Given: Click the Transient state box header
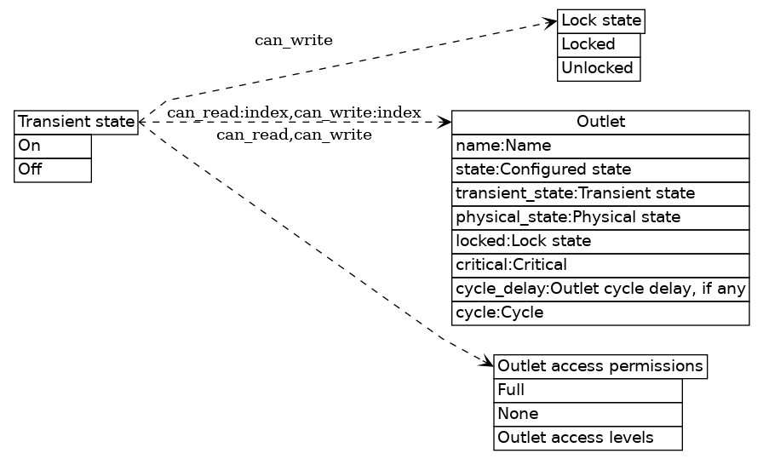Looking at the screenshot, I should click(x=76, y=123).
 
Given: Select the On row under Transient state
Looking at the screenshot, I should click(x=53, y=146).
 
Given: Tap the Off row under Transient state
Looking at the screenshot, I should click(x=53, y=169).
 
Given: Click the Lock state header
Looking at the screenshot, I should click(x=600, y=21).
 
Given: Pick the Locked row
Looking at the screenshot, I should click(x=598, y=44).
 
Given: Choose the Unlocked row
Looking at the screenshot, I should click(x=598, y=68).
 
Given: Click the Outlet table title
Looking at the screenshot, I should click(x=600, y=123).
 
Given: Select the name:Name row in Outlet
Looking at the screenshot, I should click(x=600, y=146).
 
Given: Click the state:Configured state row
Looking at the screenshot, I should click(x=600, y=169).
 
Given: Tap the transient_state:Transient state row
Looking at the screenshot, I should click(x=600, y=193).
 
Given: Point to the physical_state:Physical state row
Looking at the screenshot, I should click(x=600, y=217).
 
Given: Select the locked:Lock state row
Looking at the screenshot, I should click(x=600, y=241).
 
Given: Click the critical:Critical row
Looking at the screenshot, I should click(x=600, y=265).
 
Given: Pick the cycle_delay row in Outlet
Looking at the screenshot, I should click(x=600, y=289).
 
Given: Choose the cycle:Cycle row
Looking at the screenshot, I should click(x=600, y=313).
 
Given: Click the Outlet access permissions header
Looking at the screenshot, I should click(x=600, y=367).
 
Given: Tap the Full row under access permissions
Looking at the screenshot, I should click(x=588, y=391).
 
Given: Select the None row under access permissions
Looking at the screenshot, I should click(x=588, y=414).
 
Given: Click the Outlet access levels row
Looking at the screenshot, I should click(x=588, y=438).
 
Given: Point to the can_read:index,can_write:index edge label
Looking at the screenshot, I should click(x=294, y=113).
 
